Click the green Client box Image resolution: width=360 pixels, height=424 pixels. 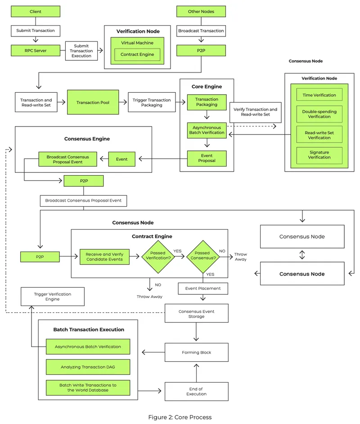(x=36, y=11)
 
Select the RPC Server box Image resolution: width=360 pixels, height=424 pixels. (x=36, y=50)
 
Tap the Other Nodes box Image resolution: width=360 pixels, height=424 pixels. (x=201, y=11)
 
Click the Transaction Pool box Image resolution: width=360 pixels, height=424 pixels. (x=94, y=103)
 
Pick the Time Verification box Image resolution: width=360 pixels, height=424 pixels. (x=319, y=95)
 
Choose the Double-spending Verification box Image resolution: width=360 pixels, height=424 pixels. (x=319, y=113)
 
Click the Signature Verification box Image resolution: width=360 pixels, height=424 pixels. (x=319, y=155)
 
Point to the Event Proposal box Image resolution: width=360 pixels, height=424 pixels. (x=207, y=158)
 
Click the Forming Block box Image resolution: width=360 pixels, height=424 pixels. (x=197, y=352)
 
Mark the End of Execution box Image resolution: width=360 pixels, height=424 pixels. (x=197, y=392)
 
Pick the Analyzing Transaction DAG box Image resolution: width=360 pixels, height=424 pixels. (x=88, y=367)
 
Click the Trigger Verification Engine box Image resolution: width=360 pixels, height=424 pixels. (x=53, y=297)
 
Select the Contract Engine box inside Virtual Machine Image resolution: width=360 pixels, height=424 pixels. (x=137, y=54)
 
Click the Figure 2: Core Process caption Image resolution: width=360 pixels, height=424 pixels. (x=180, y=417)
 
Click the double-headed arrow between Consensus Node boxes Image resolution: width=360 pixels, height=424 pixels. (x=302, y=255)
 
